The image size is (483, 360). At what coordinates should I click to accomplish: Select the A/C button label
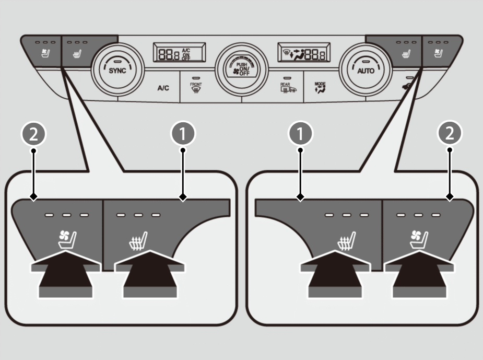(x=163, y=88)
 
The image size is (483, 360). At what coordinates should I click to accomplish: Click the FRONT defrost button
(x=196, y=86)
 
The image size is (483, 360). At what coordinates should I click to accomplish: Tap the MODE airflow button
(x=320, y=87)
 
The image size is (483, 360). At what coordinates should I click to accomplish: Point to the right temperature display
(x=303, y=52)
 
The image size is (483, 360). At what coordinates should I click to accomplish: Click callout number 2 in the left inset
(x=33, y=134)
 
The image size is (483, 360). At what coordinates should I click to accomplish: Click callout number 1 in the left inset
(x=183, y=134)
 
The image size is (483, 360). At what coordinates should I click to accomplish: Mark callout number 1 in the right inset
(x=300, y=134)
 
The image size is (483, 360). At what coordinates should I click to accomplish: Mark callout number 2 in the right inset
(x=450, y=134)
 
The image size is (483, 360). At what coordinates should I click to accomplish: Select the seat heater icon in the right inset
(x=347, y=241)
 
